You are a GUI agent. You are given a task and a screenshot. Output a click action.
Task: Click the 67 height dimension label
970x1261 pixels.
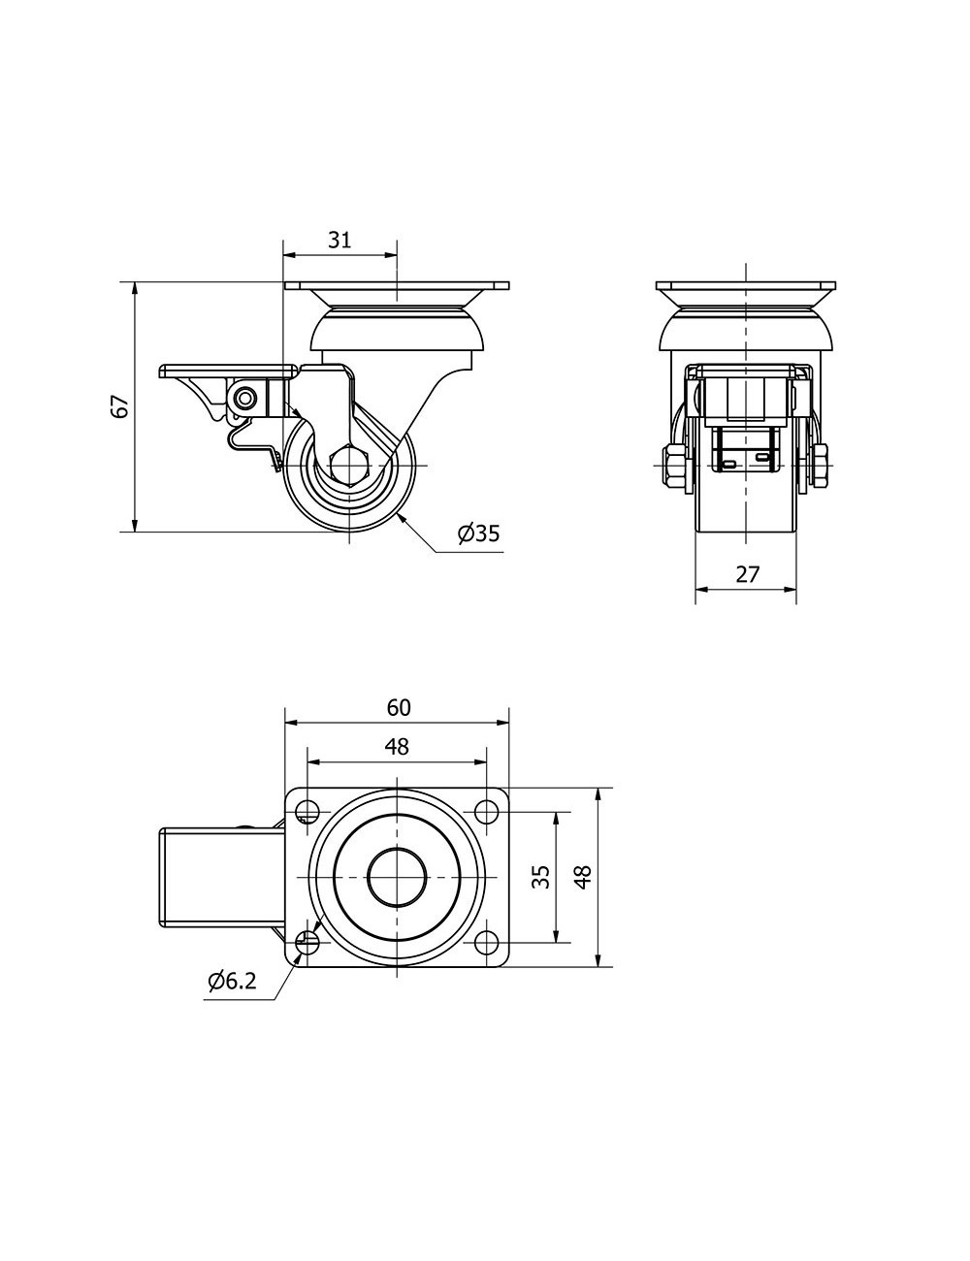click(120, 406)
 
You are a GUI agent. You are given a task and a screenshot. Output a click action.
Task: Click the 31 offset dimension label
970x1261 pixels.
click(339, 240)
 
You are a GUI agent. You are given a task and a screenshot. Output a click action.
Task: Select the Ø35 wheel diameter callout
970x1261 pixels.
click(478, 533)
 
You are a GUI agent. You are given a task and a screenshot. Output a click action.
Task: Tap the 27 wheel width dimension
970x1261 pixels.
click(747, 574)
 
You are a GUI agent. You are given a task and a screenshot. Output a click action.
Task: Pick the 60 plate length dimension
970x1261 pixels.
click(398, 707)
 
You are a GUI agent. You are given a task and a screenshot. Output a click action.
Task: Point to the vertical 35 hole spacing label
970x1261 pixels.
click(540, 877)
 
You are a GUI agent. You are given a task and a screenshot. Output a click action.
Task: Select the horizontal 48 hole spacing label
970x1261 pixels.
click(397, 746)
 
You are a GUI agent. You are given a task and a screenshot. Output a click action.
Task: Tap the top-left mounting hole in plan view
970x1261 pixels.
click(307, 811)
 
